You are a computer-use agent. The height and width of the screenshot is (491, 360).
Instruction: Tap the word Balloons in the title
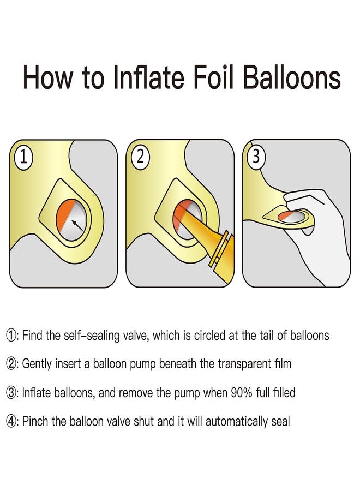(x=292, y=77)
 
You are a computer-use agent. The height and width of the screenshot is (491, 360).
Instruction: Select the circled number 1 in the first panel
(x=23, y=157)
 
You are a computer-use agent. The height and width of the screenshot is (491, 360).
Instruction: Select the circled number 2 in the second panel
(x=140, y=157)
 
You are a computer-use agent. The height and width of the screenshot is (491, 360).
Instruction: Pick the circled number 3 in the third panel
(x=256, y=157)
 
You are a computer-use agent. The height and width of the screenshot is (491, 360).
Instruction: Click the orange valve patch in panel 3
(x=285, y=216)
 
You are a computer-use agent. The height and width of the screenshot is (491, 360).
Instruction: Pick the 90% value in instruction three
(x=241, y=393)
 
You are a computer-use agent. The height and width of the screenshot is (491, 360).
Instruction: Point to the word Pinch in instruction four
(x=35, y=421)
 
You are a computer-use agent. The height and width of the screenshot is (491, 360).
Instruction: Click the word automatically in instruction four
(x=236, y=422)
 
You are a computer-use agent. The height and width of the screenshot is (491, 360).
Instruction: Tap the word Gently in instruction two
(x=37, y=364)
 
